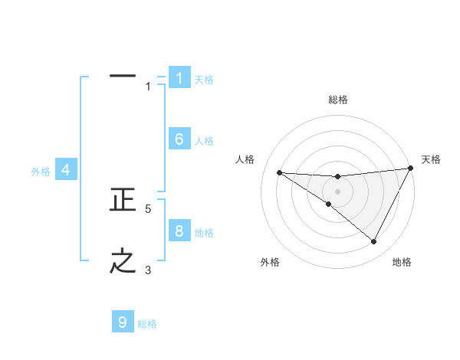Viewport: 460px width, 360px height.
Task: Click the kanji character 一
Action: point(123,77)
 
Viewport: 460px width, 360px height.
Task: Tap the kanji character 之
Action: point(123,261)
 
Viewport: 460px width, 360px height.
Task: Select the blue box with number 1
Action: point(179,77)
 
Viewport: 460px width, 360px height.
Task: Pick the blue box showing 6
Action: point(179,139)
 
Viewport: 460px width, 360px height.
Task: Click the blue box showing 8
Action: point(179,231)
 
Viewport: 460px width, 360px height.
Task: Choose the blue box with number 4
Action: point(66,170)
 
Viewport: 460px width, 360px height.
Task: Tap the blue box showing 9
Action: point(123,322)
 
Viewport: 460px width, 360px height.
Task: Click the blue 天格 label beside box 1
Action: point(204,80)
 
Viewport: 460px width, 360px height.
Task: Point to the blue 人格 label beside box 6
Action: point(204,141)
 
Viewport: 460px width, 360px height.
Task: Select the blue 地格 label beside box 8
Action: point(204,233)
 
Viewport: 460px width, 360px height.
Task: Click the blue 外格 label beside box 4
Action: point(41,172)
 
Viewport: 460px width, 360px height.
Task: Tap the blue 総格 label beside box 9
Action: point(147,324)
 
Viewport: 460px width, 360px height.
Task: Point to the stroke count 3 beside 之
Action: point(148,270)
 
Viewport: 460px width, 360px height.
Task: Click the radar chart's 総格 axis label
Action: point(337,100)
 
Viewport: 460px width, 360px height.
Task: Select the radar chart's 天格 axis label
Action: point(431,159)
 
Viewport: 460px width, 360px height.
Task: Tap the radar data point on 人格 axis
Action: point(279,172)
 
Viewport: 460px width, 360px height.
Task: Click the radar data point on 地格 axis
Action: point(374,241)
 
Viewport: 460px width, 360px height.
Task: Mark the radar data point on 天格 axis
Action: point(410,168)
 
